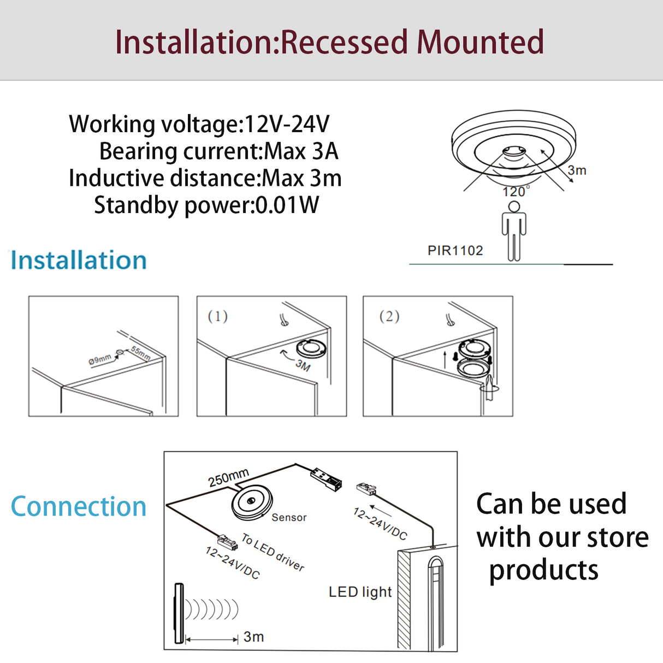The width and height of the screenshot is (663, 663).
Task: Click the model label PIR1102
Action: tap(455, 251)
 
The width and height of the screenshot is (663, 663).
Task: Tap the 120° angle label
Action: tap(515, 192)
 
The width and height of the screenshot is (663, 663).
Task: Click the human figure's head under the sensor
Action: tap(514, 206)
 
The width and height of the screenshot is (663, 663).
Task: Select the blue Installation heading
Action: tap(79, 261)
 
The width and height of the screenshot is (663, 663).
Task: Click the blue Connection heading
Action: tap(79, 506)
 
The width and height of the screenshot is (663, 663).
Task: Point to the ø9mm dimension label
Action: tap(99, 359)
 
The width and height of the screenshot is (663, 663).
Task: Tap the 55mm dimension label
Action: tap(140, 353)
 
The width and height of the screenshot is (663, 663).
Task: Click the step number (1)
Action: tap(217, 316)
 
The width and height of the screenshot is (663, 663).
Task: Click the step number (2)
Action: tap(389, 316)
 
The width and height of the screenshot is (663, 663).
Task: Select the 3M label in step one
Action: tap(303, 364)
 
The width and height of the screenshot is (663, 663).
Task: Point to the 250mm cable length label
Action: tap(228, 477)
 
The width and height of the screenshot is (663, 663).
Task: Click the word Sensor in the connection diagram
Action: tap(289, 517)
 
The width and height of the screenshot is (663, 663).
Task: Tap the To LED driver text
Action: tap(273, 552)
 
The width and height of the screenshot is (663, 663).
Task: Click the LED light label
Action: tap(360, 592)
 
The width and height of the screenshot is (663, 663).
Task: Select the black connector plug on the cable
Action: tap(326, 478)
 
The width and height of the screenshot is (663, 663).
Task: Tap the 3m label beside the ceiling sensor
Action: tap(577, 170)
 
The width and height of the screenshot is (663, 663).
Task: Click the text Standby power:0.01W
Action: tap(206, 205)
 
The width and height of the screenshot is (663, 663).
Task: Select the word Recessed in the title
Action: tap(344, 42)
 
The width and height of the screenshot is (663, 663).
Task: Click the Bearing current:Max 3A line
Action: tap(218, 151)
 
